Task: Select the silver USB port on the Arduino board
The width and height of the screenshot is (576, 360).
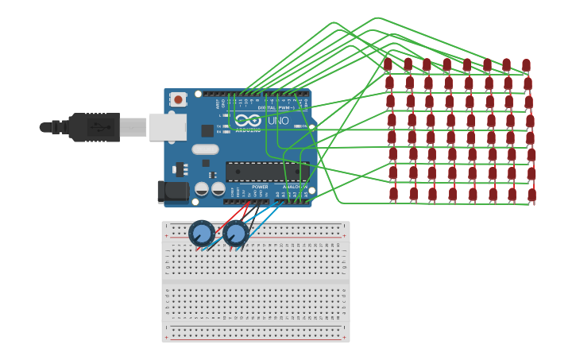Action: (167, 127)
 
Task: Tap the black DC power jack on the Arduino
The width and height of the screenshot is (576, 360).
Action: (172, 191)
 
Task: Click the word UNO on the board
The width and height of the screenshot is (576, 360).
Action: (278, 121)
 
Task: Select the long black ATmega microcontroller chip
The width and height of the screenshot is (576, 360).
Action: (266, 172)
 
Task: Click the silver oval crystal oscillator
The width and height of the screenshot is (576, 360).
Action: (205, 149)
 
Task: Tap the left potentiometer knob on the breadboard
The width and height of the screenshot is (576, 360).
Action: (201, 234)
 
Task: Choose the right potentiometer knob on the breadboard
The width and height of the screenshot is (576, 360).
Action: (235, 234)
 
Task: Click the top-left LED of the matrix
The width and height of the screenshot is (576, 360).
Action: (388, 64)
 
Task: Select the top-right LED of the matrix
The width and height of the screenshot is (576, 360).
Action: (526, 65)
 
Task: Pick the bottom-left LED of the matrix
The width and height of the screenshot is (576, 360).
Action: (393, 193)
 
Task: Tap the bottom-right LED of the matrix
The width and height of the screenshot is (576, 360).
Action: (532, 195)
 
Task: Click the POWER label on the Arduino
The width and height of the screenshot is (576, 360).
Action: (260, 188)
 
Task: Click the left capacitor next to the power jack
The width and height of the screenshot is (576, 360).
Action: (202, 189)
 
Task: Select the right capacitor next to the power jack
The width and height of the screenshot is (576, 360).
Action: (218, 189)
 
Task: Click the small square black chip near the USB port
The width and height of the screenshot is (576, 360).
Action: (207, 130)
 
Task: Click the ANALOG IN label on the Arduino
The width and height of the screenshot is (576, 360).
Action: (295, 188)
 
